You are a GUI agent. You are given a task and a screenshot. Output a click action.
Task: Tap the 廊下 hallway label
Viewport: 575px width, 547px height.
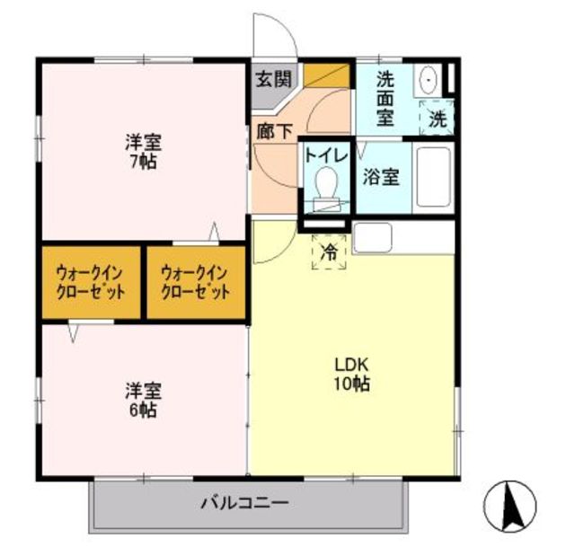[274, 130]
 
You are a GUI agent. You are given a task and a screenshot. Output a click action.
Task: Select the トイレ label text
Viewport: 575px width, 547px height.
[325, 154]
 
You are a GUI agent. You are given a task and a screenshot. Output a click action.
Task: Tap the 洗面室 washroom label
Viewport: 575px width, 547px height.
[385, 96]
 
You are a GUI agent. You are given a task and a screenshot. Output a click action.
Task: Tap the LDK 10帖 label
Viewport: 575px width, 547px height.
[352, 375]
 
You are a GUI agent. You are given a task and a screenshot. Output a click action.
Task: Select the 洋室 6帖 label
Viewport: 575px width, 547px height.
[142, 400]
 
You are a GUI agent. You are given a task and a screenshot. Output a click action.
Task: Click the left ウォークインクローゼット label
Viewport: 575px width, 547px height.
[90, 282]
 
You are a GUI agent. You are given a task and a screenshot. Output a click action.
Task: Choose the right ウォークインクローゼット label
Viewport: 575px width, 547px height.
[195, 282]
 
